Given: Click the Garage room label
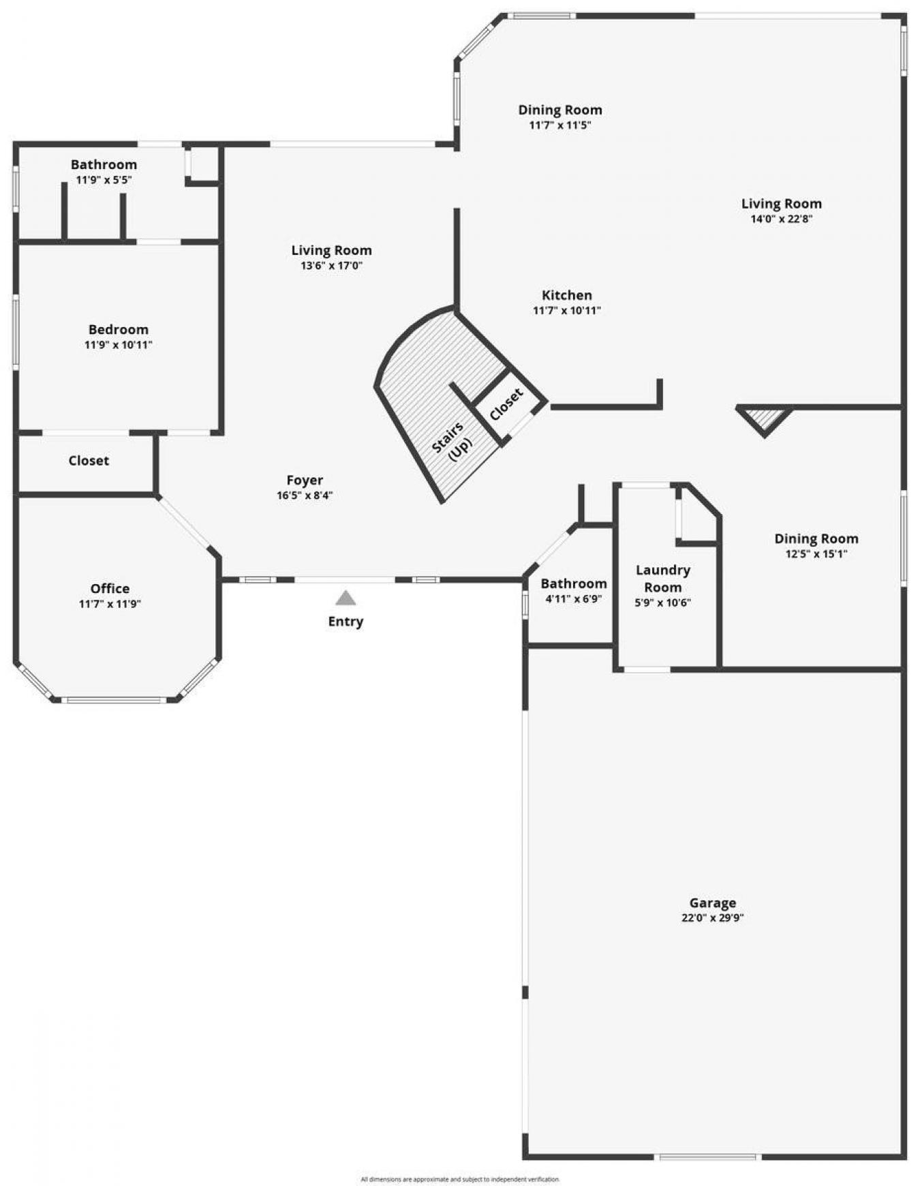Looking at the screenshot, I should point(712,902).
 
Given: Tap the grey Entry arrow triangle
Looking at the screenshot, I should point(346,598).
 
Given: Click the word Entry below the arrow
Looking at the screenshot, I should point(346,621).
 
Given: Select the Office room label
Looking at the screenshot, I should point(110,588).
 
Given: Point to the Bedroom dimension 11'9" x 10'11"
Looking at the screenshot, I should point(118,345).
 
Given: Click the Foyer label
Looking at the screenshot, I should point(305,480).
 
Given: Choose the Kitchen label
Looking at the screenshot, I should point(566,295).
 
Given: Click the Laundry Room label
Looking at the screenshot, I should point(662,578).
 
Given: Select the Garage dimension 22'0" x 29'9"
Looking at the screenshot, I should point(712,917).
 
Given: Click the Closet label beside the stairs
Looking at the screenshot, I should point(506,404).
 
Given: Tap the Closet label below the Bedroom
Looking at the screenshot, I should point(89,461).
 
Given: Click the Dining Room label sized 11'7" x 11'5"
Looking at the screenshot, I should point(559,110).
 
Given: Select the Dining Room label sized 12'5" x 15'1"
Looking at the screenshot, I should point(816,538).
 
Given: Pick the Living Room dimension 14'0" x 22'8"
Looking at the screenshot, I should point(781,219).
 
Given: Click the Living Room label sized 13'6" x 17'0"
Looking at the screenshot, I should point(331,250).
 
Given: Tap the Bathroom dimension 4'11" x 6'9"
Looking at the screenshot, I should point(573,599).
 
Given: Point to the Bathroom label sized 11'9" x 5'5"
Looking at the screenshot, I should point(104,164).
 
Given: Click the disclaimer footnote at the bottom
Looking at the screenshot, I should point(459,1179).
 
